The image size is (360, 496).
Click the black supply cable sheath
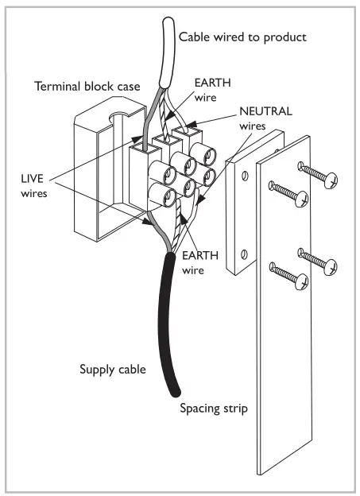pos(171,318)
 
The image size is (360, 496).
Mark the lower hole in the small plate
pos(245,254)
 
